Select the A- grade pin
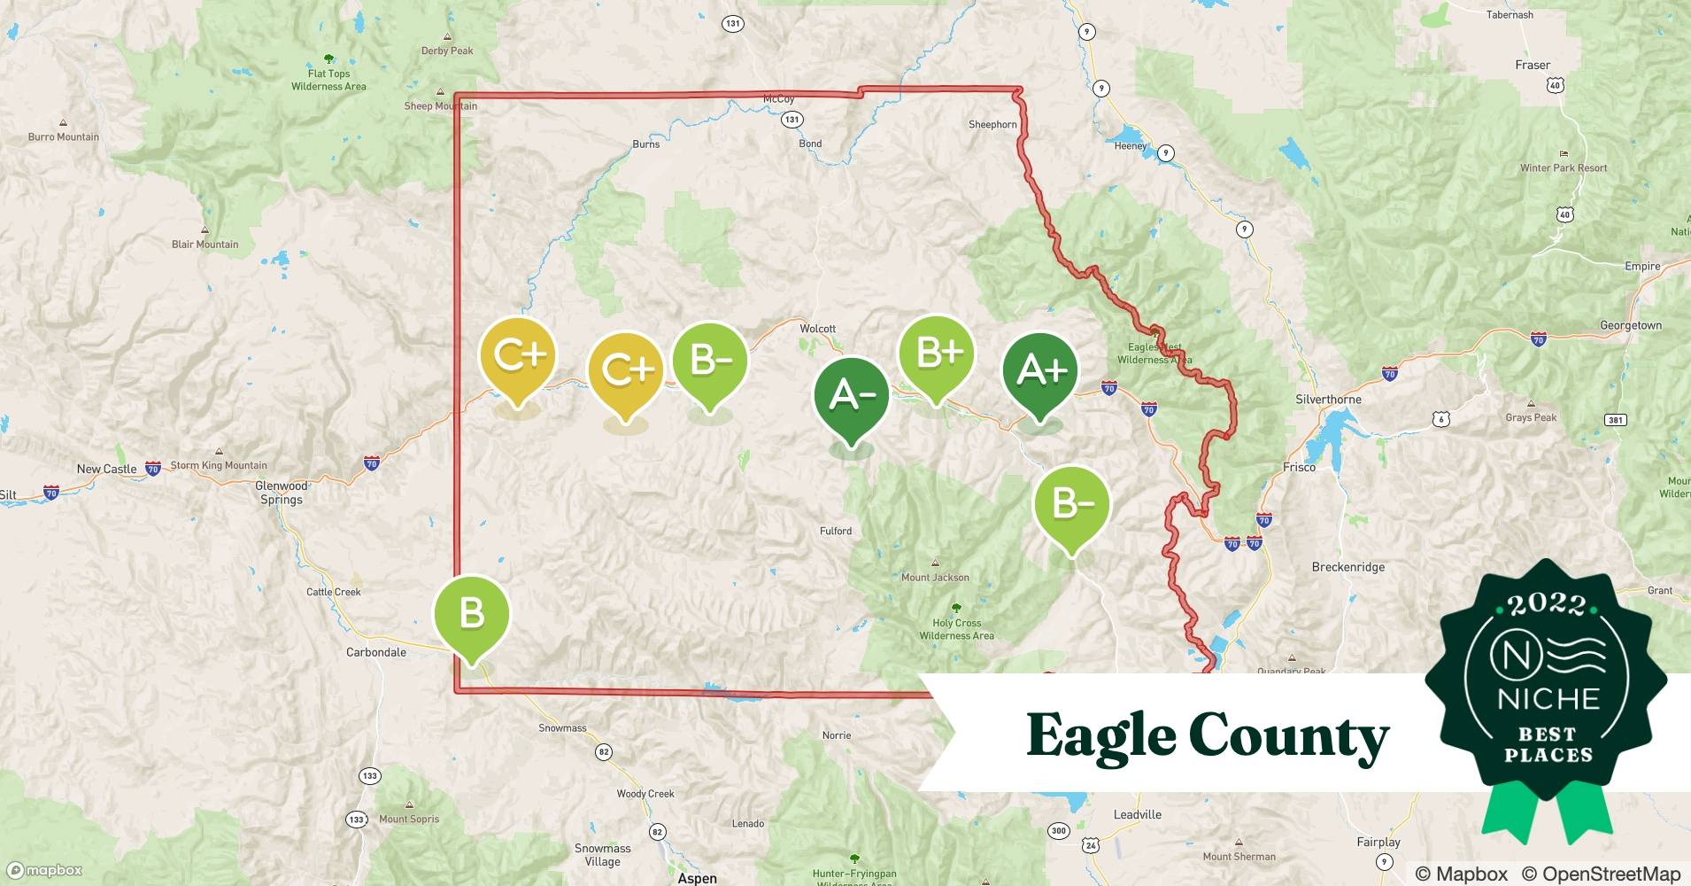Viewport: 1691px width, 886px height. click(851, 394)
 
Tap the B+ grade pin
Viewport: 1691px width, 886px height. click(937, 354)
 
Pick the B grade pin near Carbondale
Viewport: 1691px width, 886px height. click(471, 613)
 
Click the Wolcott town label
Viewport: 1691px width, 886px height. click(817, 329)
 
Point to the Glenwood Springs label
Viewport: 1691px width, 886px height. click(281, 493)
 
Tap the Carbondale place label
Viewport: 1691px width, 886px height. click(376, 652)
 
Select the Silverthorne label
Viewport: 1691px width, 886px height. click(1328, 400)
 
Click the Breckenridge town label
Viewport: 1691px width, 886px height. click(1347, 567)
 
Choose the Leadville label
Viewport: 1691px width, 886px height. click(1137, 815)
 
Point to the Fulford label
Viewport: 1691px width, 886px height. click(836, 532)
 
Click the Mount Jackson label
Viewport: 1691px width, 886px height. click(935, 578)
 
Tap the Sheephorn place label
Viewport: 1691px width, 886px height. click(992, 125)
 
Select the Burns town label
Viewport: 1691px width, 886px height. click(645, 144)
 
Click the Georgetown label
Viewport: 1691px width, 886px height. click(1630, 326)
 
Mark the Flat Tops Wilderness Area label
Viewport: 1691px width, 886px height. click(328, 80)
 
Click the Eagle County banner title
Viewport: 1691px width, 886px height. click(1208, 735)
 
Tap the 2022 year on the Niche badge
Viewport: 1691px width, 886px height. click(1547, 605)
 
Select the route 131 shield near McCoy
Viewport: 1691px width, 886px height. click(791, 120)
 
